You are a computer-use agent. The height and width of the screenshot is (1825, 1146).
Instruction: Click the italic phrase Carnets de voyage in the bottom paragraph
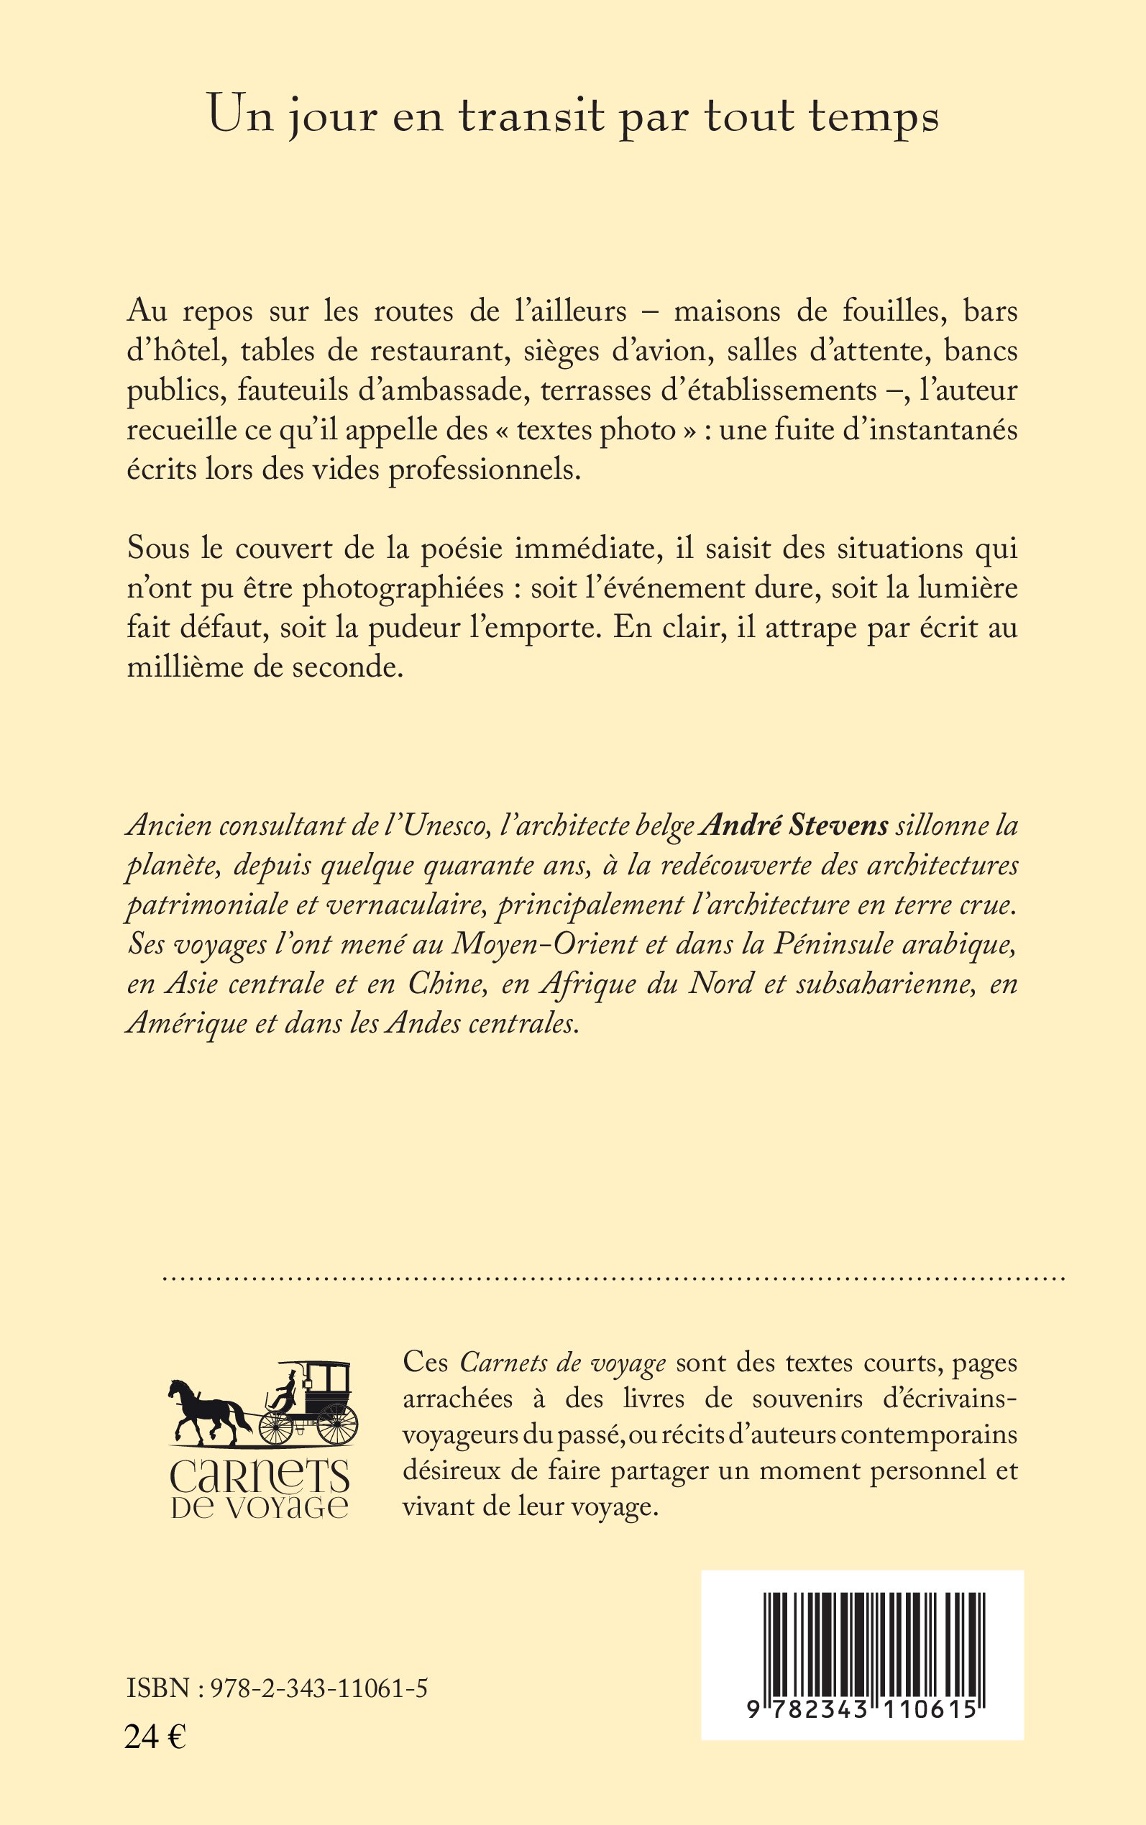[x=562, y=1363]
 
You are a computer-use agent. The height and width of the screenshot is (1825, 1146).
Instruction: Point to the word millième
[x=175, y=668]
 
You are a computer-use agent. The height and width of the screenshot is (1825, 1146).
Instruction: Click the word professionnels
[x=485, y=470]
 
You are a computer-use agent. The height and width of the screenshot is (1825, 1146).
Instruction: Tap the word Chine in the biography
[x=445, y=984]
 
